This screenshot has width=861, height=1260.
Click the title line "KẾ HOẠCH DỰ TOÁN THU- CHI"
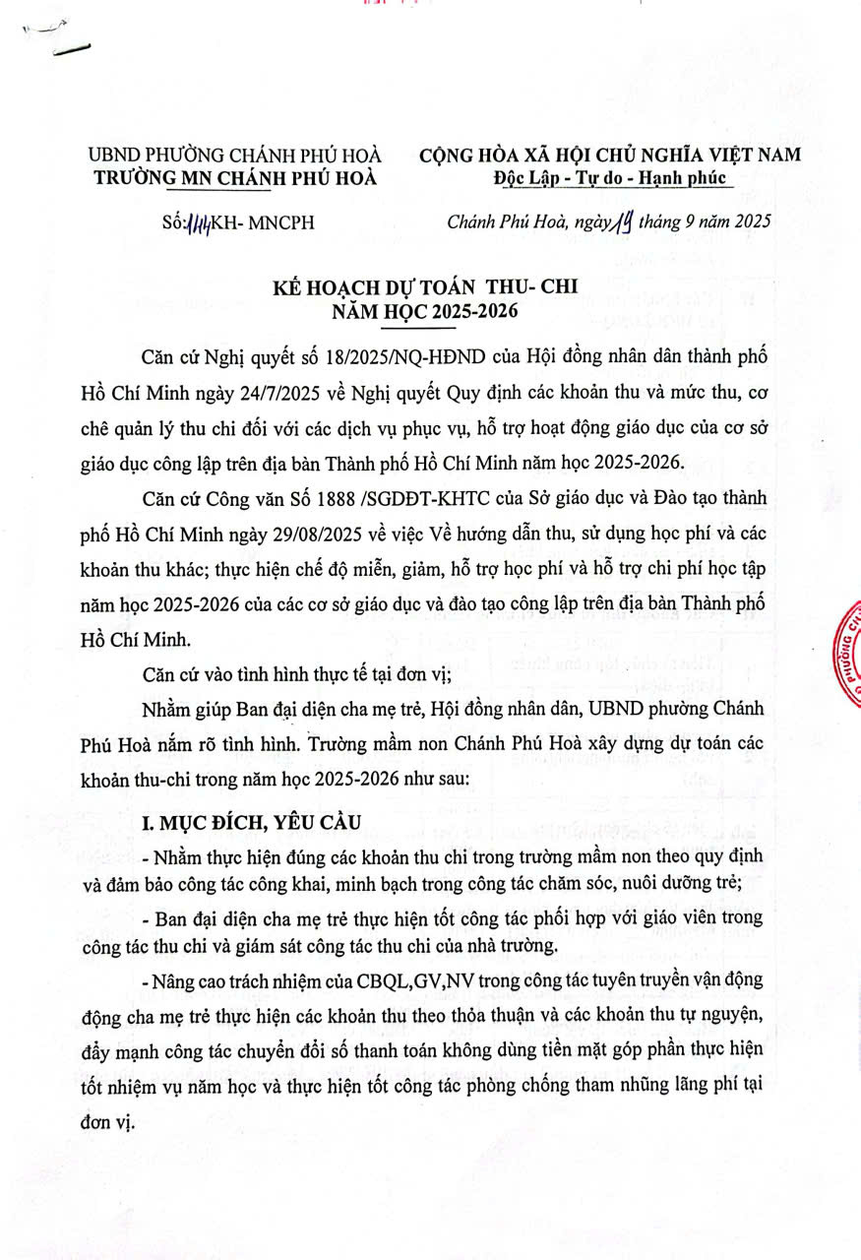pyautogui.click(x=424, y=287)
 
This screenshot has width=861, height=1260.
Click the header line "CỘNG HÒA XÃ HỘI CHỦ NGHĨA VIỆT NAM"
pyautogui.click(x=610, y=155)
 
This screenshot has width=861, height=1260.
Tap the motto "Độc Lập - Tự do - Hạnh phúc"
pyautogui.click(x=610, y=177)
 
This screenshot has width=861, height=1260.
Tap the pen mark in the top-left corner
pyautogui.click(x=59, y=39)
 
